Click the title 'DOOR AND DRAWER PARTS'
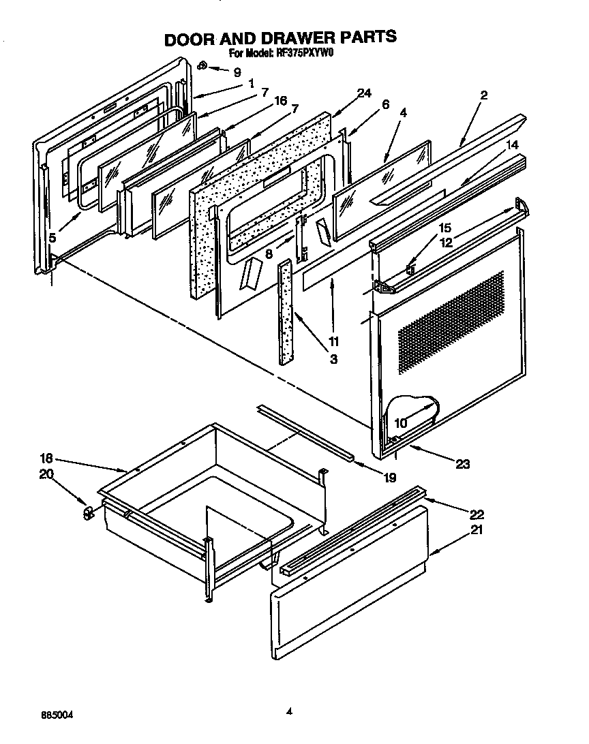[280, 37]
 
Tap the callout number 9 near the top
[237, 72]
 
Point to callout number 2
[483, 95]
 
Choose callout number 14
[512, 145]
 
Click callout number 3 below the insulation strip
[333, 359]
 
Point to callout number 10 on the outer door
[400, 423]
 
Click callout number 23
[463, 464]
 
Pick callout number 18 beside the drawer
[47, 459]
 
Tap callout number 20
[47, 474]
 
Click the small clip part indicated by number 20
[87, 512]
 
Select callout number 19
[389, 478]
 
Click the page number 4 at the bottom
[289, 711]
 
